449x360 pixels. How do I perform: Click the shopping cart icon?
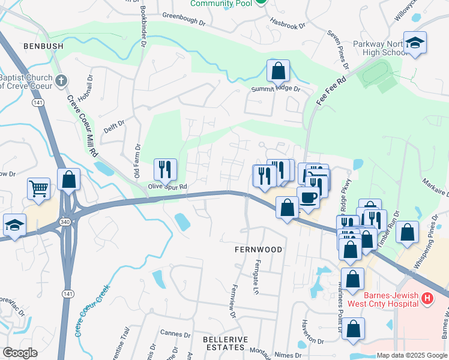click(39, 188)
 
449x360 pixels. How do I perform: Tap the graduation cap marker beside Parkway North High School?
click(415, 43)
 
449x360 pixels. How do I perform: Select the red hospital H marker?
click(427, 298)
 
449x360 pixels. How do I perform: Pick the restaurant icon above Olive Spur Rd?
click(165, 170)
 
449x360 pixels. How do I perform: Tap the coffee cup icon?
click(309, 198)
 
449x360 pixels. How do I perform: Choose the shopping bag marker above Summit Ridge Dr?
click(279, 71)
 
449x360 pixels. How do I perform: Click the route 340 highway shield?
click(64, 222)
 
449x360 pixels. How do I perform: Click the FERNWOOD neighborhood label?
click(259, 249)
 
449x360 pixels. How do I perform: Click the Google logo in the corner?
click(20, 353)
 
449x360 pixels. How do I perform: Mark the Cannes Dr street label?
click(175, 333)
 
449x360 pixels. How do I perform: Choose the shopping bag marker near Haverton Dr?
click(354, 328)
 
